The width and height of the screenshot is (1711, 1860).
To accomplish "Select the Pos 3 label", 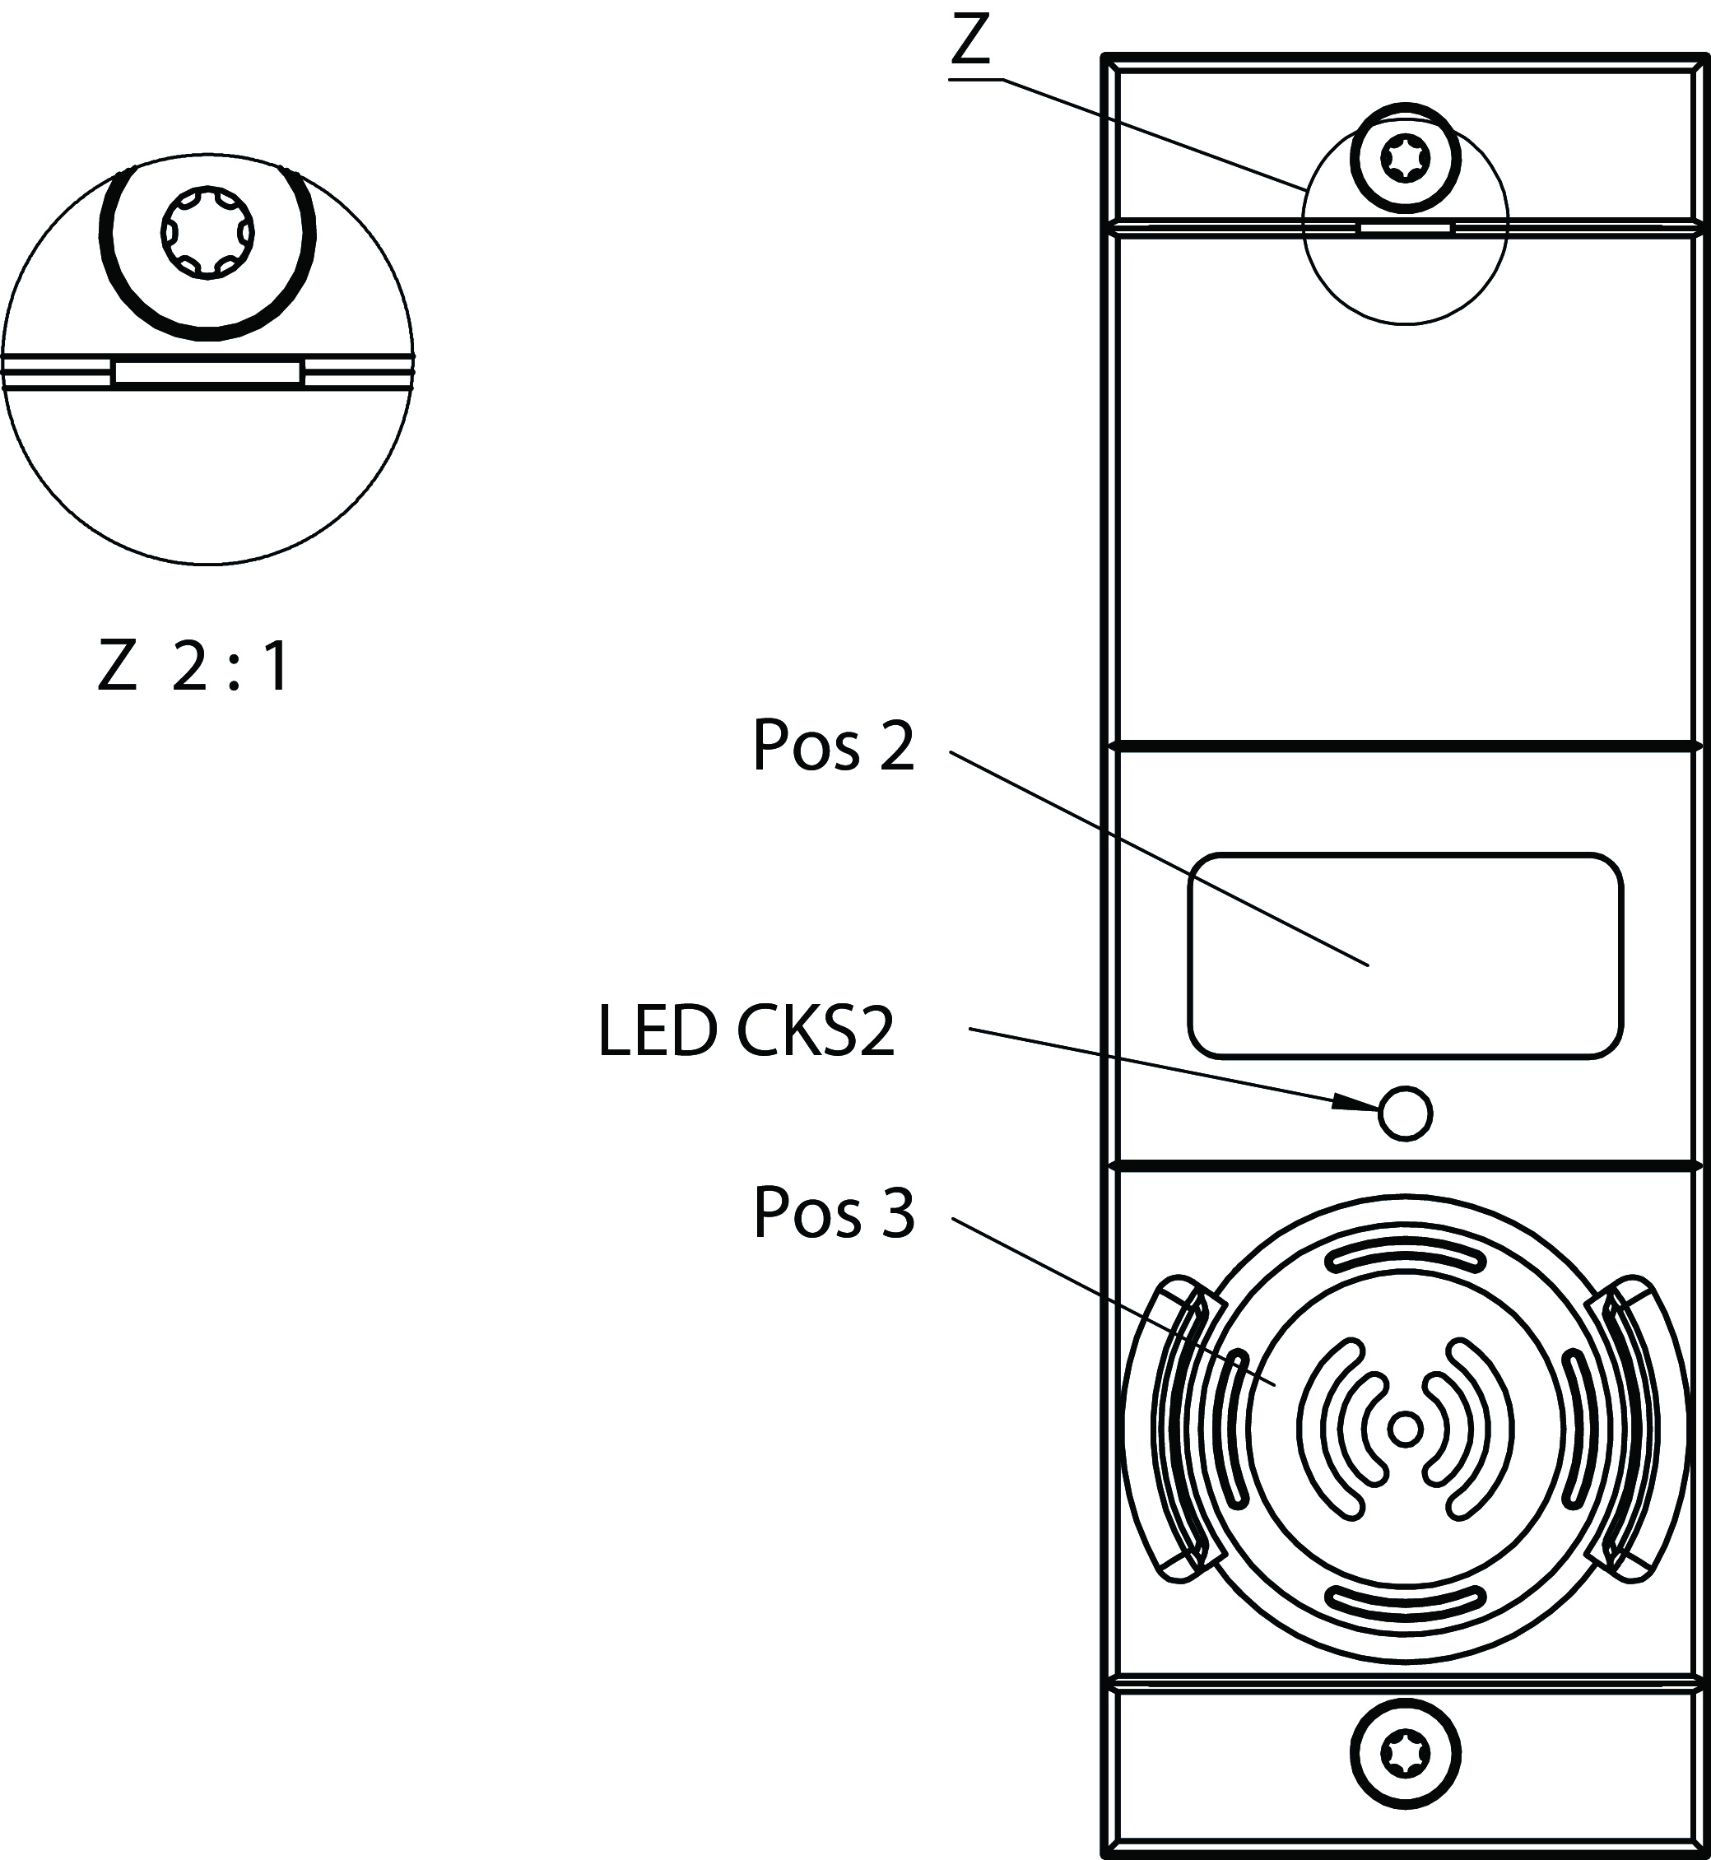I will pos(833,1212).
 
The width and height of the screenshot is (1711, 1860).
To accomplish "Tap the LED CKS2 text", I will pos(746,1030).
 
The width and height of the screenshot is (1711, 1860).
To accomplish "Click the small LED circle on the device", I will pos(1405,1113).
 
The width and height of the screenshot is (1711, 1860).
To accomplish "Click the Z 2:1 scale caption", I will pos(193,667).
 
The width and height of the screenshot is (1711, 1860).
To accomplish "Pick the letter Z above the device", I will pos(970,42).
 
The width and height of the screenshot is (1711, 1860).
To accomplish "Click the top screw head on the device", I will pos(1405,158).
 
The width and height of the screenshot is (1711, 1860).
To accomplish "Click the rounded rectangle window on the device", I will pos(1405,955).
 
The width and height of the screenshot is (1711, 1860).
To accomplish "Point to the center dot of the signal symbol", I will pos(1406,1430).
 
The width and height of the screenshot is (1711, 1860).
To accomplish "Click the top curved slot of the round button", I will pos(1406,1255).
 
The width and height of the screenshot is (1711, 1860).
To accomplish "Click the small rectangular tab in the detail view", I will pos(207,373).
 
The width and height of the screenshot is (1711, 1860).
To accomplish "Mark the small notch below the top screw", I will pos(1405,228).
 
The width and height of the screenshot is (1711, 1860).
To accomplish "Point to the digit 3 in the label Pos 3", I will pos(896,1212).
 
